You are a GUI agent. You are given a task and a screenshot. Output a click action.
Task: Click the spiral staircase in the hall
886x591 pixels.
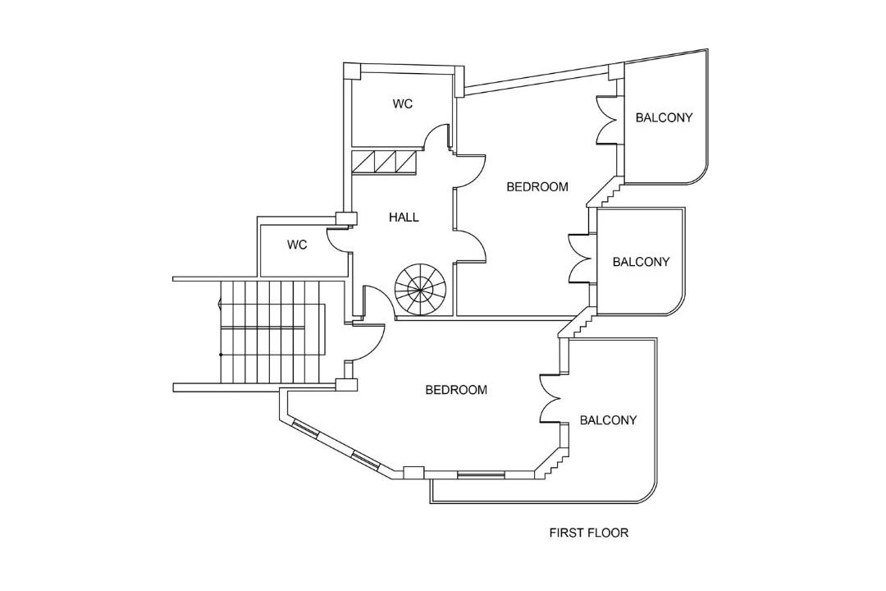(420, 289)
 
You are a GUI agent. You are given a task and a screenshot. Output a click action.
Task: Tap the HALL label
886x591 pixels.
(404, 218)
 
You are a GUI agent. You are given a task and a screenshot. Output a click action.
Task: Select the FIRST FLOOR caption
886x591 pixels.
(588, 533)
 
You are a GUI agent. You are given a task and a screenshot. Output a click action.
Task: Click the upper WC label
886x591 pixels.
(402, 104)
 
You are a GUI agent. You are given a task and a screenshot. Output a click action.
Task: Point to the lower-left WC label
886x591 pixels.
(297, 245)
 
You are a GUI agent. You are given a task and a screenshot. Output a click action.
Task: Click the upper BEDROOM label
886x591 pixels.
(537, 187)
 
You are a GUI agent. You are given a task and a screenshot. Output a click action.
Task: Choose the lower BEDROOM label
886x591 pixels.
(456, 390)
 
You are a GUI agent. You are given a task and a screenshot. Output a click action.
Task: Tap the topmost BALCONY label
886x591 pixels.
(664, 117)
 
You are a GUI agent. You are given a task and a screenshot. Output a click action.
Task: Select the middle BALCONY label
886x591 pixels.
(641, 263)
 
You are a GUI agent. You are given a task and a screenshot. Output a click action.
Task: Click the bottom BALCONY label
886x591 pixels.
(608, 420)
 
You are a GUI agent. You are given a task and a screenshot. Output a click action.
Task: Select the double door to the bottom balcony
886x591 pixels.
(550, 399)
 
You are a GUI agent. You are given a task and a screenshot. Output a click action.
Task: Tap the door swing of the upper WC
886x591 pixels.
(438, 136)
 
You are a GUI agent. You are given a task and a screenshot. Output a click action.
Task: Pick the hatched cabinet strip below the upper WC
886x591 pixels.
(385, 162)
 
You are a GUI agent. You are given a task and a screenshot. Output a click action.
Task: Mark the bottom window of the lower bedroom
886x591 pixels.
(481, 474)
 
